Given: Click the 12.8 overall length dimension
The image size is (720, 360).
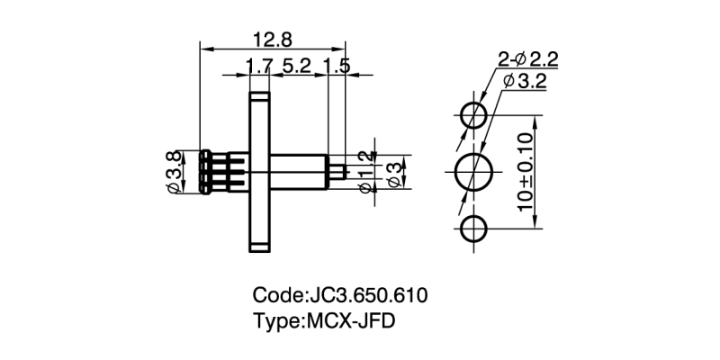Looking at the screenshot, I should (271, 40).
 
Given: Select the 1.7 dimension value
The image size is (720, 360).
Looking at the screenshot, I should (258, 66).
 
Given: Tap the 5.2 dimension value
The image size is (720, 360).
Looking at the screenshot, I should (297, 66).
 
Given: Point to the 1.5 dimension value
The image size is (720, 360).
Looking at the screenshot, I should (336, 66).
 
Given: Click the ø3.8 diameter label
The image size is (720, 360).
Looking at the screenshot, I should (173, 171).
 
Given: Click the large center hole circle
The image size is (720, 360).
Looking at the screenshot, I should (474, 172).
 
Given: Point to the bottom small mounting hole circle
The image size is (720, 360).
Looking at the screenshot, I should (474, 229).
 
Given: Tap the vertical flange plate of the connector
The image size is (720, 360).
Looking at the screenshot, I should (260, 171).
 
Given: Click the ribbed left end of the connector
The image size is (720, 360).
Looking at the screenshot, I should (200, 171).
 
